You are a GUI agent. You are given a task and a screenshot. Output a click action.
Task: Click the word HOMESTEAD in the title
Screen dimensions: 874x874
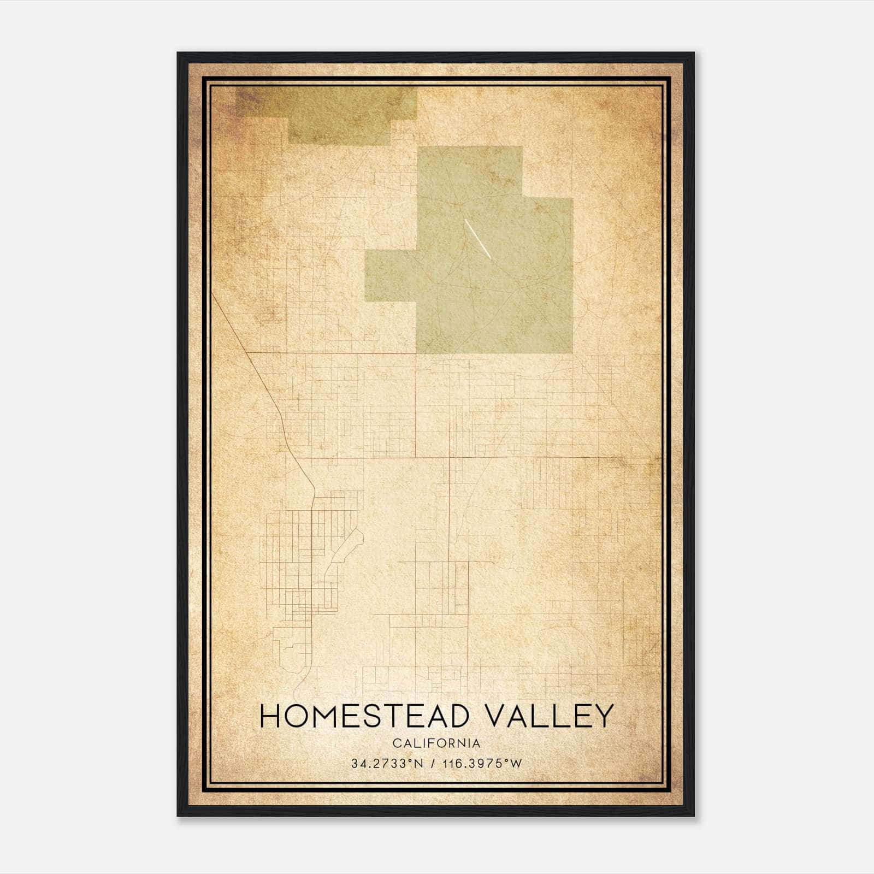pyautogui.click(x=364, y=716)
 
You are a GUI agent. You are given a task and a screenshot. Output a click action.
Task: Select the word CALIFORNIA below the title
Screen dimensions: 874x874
pyautogui.click(x=436, y=743)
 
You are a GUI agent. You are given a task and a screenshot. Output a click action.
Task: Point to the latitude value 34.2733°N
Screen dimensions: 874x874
pyautogui.click(x=387, y=764)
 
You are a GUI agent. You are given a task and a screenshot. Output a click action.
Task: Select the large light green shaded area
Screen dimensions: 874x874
pyautogui.click(x=492, y=273)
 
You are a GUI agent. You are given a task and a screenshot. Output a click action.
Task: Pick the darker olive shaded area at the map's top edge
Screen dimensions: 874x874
pyautogui.click(x=328, y=112)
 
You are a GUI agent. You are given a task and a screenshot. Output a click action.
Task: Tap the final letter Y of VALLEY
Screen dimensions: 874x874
pyautogui.click(x=604, y=716)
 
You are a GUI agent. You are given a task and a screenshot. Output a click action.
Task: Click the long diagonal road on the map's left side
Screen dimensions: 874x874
pyautogui.click(x=251, y=361)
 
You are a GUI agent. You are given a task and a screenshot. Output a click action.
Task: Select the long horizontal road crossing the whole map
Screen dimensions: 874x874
pyautogui.click(x=492, y=457)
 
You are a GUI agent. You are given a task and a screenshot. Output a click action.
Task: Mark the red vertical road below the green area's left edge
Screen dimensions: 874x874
pyautogui.click(x=417, y=404)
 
